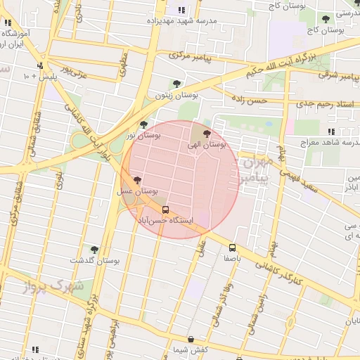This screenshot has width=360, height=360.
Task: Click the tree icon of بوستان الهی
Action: (x=206, y=133)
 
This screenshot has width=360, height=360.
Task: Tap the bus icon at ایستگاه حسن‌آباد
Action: (x=166, y=210)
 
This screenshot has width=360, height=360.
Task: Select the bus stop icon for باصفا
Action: (x=232, y=247)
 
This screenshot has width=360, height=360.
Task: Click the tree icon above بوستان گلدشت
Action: (x=94, y=250)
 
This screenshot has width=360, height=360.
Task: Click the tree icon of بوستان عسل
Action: (x=136, y=180)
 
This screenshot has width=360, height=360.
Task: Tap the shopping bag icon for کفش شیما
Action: (x=191, y=340)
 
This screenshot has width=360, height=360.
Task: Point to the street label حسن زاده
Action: (x=251, y=101)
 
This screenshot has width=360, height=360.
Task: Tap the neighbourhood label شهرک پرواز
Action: (x=53, y=286)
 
